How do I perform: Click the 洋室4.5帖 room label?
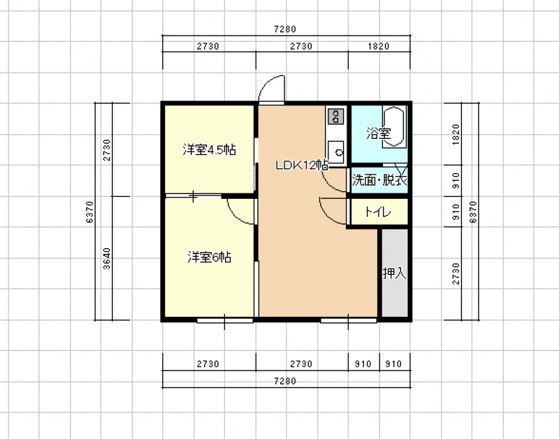click(x=209, y=150)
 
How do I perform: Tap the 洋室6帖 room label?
click(x=209, y=257)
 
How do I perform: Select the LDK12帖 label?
click(x=302, y=165)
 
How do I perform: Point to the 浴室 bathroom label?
click(x=378, y=133)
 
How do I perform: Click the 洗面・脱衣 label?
click(x=379, y=180)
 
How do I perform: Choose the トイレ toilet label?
click(x=378, y=213)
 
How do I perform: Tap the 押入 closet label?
click(x=395, y=273)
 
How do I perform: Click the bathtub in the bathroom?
click(x=394, y=126)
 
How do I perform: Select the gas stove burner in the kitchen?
click(x=335, y=116)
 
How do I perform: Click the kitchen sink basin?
click(x=335, y=151)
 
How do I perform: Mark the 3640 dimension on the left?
click(x=107, y=258)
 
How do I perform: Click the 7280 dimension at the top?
click(x=285, y=29)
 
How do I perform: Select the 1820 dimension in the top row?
click(x=379, y=46)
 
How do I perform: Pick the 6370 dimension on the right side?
click(x=473, y=212)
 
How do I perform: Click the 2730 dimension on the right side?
click(x=456, y=274)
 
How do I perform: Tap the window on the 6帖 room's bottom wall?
click(x=225, y=321)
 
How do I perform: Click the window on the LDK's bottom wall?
click(x=349, y=321)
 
